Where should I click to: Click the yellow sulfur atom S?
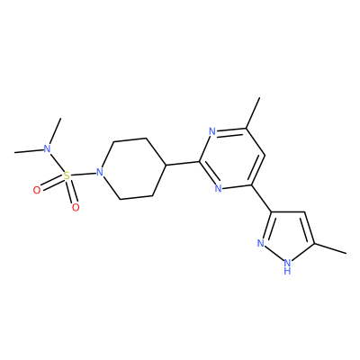pos(67,175)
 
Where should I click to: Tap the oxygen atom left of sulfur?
pos(37,191)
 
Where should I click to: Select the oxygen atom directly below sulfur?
pos(76,207)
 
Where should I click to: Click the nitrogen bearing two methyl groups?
pos(47,148)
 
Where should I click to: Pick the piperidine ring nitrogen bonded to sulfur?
pos(99,172)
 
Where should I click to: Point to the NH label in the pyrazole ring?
pos(287,267)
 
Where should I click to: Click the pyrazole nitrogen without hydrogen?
pos(261,243)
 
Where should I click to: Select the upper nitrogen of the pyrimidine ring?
pos(212,131)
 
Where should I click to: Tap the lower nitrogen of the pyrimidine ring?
pos(219,188)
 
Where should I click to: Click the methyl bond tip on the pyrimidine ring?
pos(259,97)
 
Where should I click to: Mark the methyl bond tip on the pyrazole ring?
pos(346,254)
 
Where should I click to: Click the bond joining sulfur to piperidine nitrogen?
pos(83,174)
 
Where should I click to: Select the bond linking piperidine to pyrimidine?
pos(183,163)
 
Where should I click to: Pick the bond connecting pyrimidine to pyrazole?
pos(261,199)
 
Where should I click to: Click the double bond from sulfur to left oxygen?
pos(52,184)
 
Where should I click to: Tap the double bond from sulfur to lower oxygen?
pos(71,191)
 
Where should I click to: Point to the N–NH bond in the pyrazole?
pos(274,255)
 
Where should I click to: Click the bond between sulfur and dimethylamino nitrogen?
pos(57,162)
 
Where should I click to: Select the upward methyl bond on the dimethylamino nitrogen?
pos(56,131)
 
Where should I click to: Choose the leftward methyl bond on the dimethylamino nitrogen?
pos(29,151)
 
